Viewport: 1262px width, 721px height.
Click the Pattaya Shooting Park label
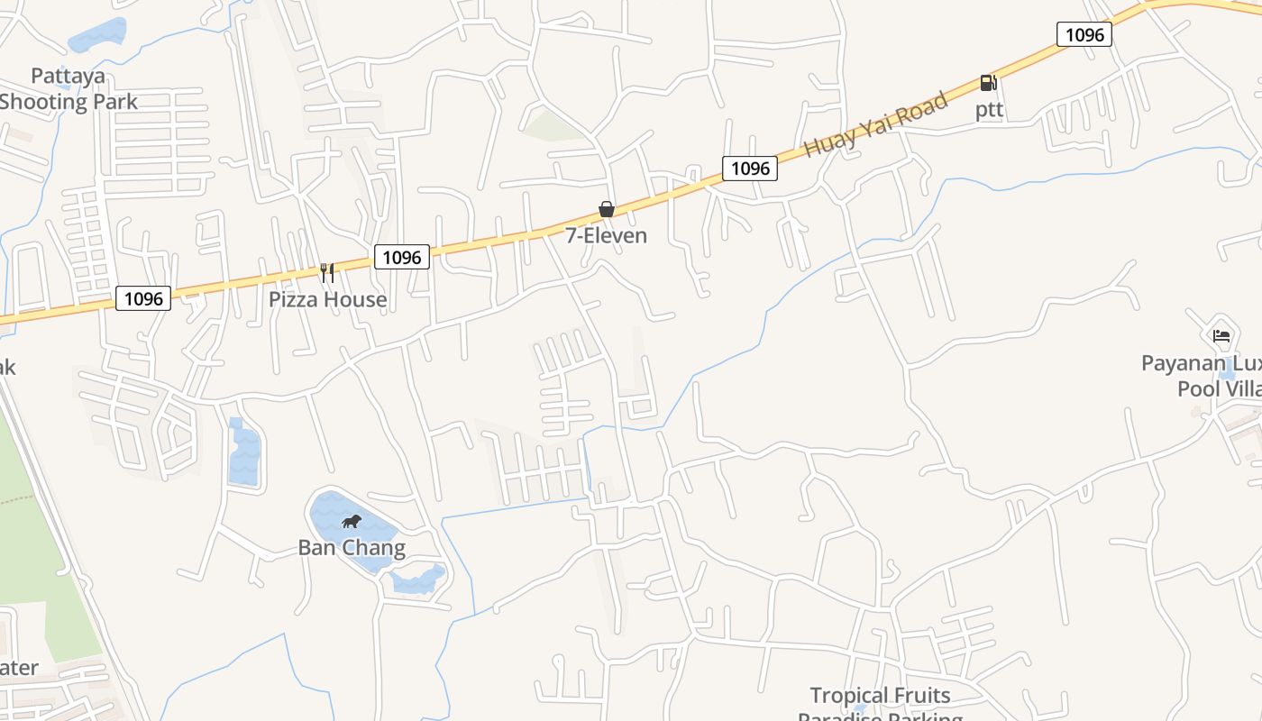(x=69, y=88)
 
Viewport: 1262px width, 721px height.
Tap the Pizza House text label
(x=328, y=299)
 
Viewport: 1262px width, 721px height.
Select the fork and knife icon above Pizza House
(x=327, y=272)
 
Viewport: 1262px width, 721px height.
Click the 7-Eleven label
(x=606, y=235)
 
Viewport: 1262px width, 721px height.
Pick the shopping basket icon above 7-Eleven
(x=607, y=209)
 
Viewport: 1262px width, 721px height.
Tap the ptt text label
(x=989, y=110)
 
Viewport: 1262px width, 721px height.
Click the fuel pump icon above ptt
(x=989, y=83)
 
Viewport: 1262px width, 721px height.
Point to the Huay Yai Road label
(x=875, y=124)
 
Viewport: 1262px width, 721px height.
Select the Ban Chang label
(x=352, y=547)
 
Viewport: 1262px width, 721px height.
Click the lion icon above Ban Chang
(x=352, y=521)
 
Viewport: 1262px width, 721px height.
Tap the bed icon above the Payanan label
(x=1221, y=336)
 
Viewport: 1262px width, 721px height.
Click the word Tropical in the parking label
(x=845, y=696)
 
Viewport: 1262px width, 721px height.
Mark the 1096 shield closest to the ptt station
(x=1084, y=35)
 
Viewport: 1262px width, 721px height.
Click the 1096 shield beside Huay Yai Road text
(x=750, y=169)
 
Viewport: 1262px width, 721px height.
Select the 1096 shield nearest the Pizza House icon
(x=402, y=258)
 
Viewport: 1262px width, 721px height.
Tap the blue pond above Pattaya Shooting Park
(x=98, y=35)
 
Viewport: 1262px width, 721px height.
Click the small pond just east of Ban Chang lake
(x=419, y=579)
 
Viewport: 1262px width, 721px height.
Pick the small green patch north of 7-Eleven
(x=552, y=127)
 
